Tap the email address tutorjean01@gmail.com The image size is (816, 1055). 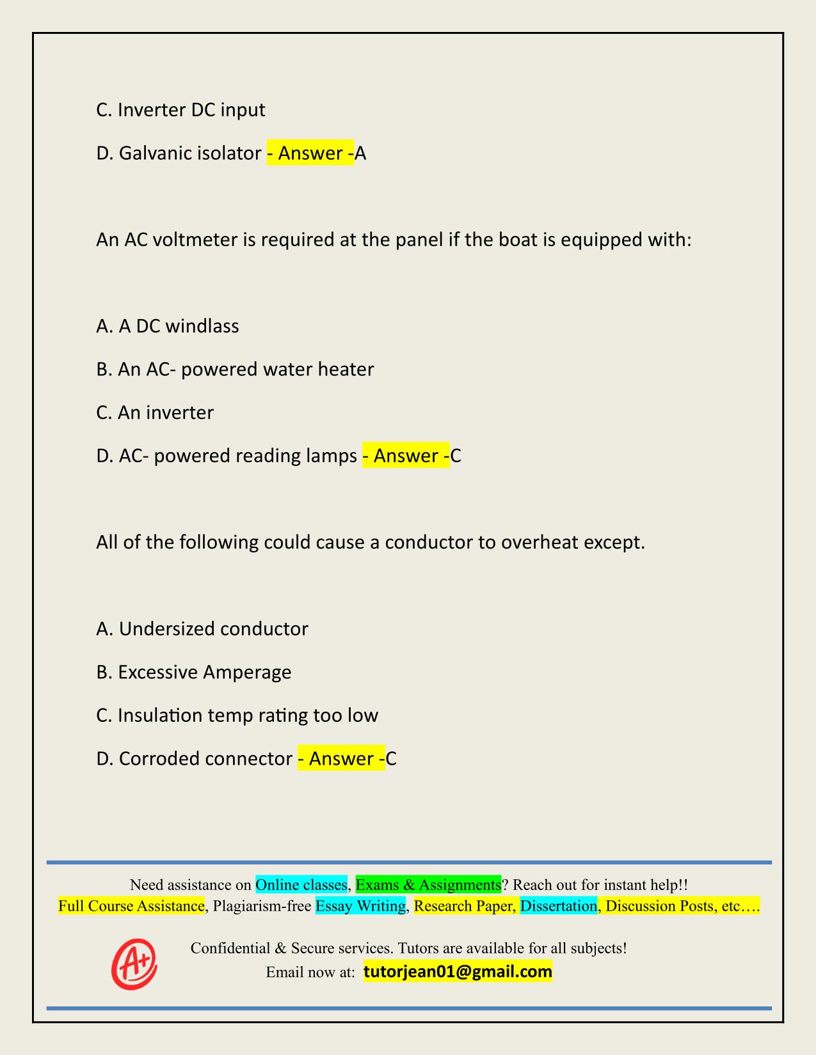point(458,972)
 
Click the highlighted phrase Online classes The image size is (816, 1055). point(301,885)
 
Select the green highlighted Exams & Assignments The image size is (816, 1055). point(428,885)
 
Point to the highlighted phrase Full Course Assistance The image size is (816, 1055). point(131,906)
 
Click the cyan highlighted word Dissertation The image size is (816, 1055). point(558,906)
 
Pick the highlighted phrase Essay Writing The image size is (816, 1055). point(360,906)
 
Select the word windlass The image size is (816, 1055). point(202,326)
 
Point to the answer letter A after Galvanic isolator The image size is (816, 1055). point(361,153)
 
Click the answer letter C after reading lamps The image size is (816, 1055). point(456,456)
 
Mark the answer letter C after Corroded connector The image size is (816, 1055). point(391,758)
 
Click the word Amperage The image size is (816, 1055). point(247,672)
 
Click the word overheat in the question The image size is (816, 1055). point(540,542)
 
